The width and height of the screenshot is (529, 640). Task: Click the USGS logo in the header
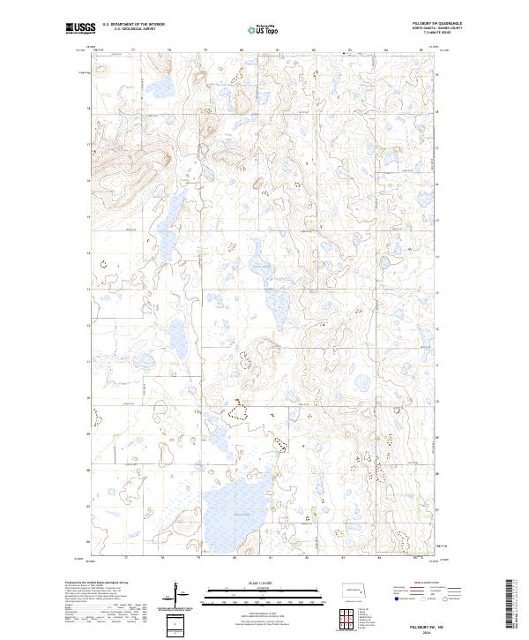coord(79,28)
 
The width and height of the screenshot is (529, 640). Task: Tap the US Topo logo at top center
coord(264,29)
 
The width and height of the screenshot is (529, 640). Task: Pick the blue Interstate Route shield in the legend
coord(393,597)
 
